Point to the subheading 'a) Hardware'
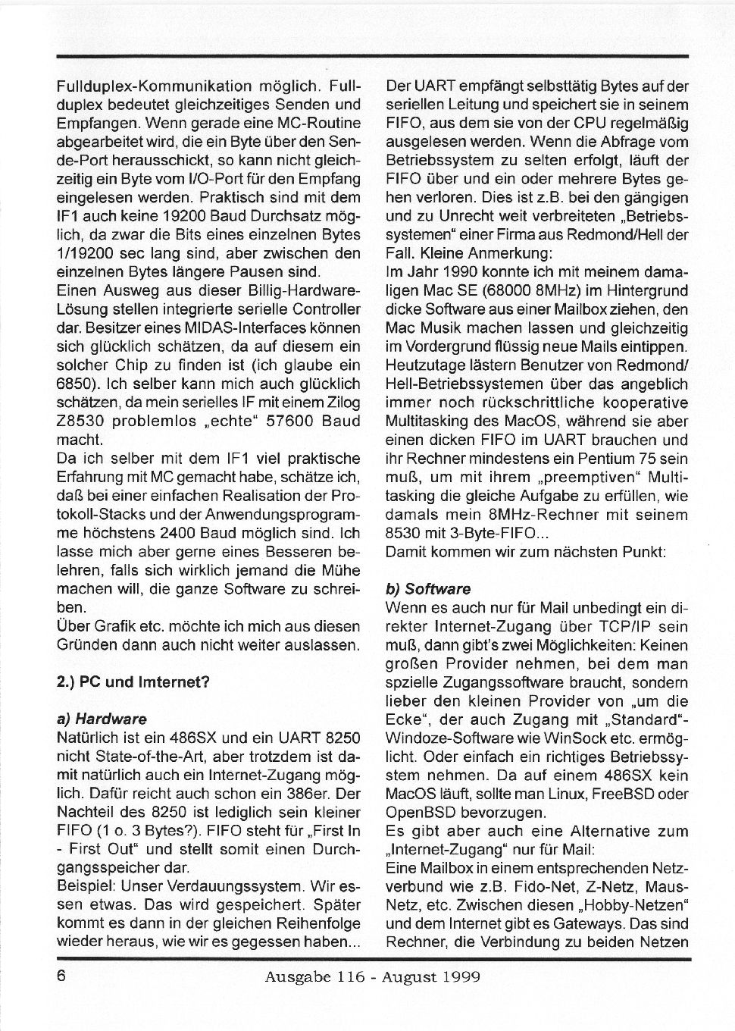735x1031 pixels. click(102, 718)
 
